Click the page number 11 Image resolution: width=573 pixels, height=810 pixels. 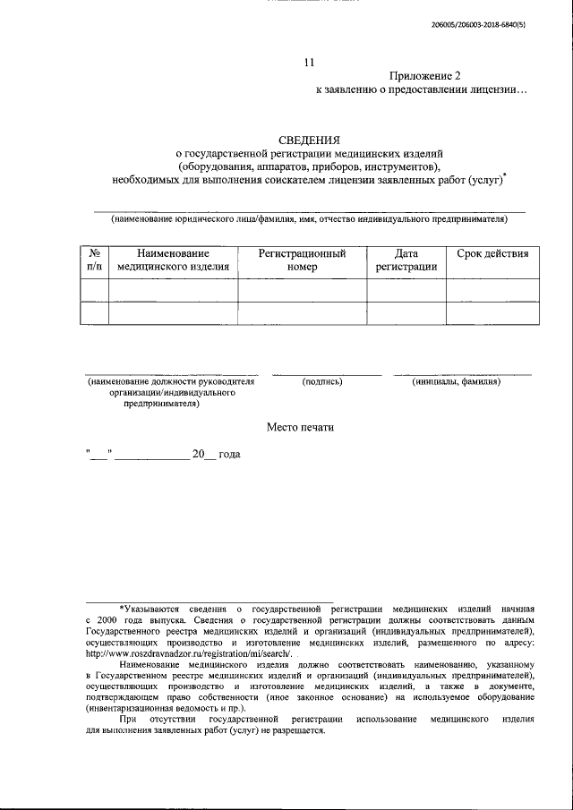click(x=310, y=63)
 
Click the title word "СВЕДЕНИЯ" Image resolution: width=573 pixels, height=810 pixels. click(x=310, y=141)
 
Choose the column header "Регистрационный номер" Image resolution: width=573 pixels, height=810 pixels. click(x=303, y=260)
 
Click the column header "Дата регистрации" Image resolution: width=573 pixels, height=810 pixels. click(x=406, y=260)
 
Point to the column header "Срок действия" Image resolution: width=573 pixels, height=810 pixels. click(x=492, y=253)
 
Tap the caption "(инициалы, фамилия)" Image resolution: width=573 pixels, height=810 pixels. click(x=457, y=382)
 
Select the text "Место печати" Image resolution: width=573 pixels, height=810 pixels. click(x=300, y=427)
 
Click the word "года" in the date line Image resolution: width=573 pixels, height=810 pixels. click(x=228, y=455)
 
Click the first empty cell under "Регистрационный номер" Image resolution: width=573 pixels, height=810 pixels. click(x=303, y=290)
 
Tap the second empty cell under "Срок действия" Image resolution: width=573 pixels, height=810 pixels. click(x=492, y=313)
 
